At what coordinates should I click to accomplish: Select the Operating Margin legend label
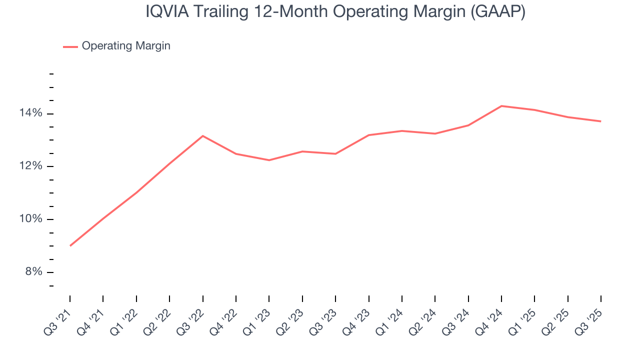pos(126,46)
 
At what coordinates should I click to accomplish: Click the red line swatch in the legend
pos(70,46)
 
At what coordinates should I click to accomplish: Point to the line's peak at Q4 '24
pos(501,106)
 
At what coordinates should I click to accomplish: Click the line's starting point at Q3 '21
pos(70,245)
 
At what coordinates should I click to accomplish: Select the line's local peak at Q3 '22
pos(202,135)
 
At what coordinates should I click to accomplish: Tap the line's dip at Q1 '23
pos(269,160)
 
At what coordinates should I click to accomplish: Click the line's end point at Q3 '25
pos(600,121)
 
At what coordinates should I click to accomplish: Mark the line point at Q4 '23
pos(368,135)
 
